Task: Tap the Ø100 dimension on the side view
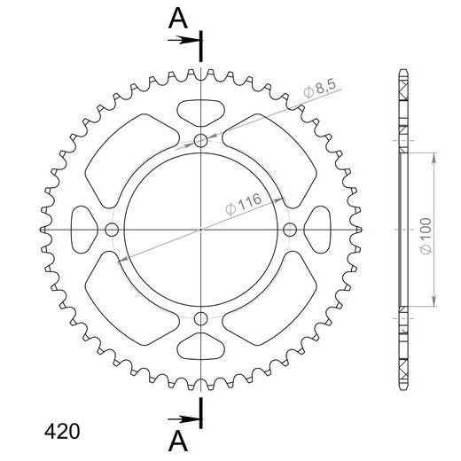click(426, 239)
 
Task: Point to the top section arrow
click(185, 40)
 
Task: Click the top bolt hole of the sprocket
click(201, 140)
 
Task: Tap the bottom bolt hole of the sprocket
click(201, 318)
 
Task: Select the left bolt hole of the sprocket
click(112, 230)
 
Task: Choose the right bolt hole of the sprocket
click(290, 230)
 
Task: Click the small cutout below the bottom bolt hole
click(201, 347)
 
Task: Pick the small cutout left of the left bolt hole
click(83, 230)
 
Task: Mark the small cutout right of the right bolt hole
click(319, 230)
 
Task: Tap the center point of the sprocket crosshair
click(201, 230)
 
